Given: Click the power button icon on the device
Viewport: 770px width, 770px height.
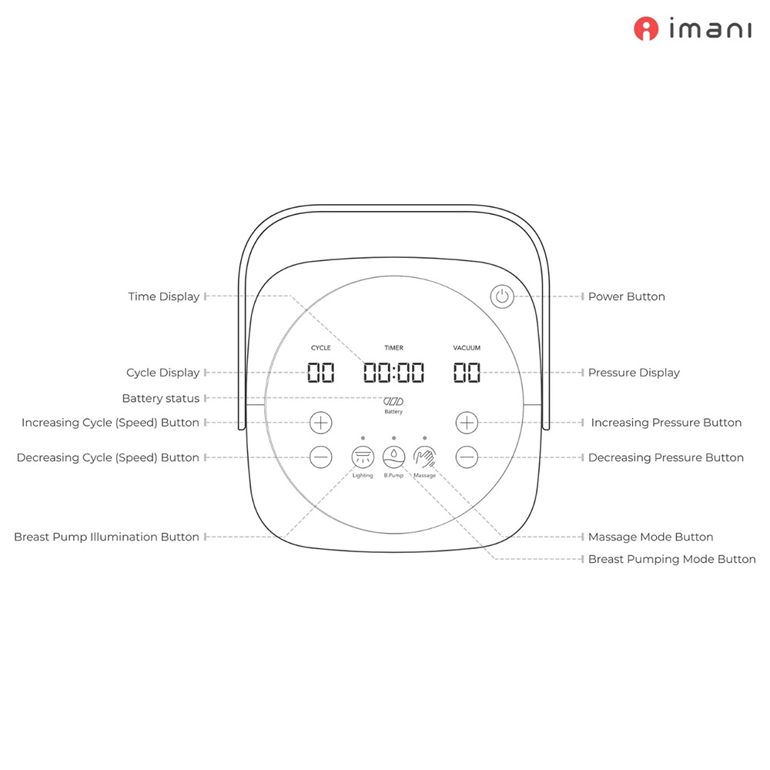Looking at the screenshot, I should (x=502, y=296).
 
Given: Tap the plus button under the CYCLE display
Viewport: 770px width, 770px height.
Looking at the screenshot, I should (x=321, y=422).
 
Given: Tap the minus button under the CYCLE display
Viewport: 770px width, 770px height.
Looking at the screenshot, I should (x=321, y=457).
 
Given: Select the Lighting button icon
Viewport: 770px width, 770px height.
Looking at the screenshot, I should (x=362, y=456).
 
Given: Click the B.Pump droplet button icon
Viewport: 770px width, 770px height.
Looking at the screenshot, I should (x=393, y=456).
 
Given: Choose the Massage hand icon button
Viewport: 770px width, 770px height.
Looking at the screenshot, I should (x=424, y=456).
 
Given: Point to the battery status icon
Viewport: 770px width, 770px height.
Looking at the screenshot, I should (x=393, y=401).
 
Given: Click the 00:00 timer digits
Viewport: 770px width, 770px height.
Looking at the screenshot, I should (x=393, y=373).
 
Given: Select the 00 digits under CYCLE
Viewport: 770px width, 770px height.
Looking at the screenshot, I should (x=321, y=373).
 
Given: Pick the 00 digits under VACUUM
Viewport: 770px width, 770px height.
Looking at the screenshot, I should (x=467, y=373).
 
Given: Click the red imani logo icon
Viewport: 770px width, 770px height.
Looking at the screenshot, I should (x=646, y=29).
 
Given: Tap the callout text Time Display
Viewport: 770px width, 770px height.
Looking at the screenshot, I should (x=163, y=296).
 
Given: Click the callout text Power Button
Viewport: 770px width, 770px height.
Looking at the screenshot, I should (x=626, y=296).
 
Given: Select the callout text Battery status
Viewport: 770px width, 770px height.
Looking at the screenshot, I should (x=160, y=398).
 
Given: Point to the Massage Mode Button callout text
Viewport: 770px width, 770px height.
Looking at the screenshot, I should (x=650, y=537).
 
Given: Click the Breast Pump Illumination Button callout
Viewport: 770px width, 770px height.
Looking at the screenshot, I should (x=106, y=537).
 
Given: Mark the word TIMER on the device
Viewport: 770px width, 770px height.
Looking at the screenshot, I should (x=393, y=348).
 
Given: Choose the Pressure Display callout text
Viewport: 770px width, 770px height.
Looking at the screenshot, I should (x=634, y=373).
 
